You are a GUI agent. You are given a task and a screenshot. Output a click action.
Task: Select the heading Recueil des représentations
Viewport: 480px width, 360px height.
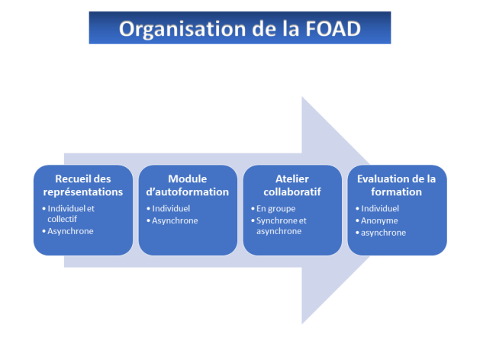click(x=82, y=185)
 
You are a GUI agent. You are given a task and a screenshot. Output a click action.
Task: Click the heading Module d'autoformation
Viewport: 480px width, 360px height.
click(x=188, y=185)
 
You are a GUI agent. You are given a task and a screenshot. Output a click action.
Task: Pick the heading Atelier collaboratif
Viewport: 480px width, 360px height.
click(x=292, y=185)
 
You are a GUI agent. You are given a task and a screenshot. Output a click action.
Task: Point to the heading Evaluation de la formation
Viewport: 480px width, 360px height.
click(x=396, y=185)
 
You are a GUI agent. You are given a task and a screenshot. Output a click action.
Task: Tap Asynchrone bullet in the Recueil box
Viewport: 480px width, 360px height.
click(x=70, y=230)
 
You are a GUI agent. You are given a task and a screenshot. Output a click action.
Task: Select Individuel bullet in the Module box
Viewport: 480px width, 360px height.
click(x=171, y=208)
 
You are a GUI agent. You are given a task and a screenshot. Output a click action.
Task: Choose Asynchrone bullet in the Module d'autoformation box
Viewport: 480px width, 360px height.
click(x=175, y=220)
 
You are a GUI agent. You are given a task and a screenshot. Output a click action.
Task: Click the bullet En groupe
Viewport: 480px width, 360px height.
click(x=275, y=208)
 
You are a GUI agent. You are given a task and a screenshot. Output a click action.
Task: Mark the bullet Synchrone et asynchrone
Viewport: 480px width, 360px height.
click(x=284, y=226)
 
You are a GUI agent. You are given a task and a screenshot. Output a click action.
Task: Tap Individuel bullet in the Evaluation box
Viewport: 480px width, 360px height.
click(x=380, y=208)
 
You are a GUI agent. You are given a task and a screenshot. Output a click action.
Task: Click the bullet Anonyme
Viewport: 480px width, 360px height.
click(x=379, y=220)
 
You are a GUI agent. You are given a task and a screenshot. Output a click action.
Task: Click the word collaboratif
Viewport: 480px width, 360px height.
click(x=292, y=191)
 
